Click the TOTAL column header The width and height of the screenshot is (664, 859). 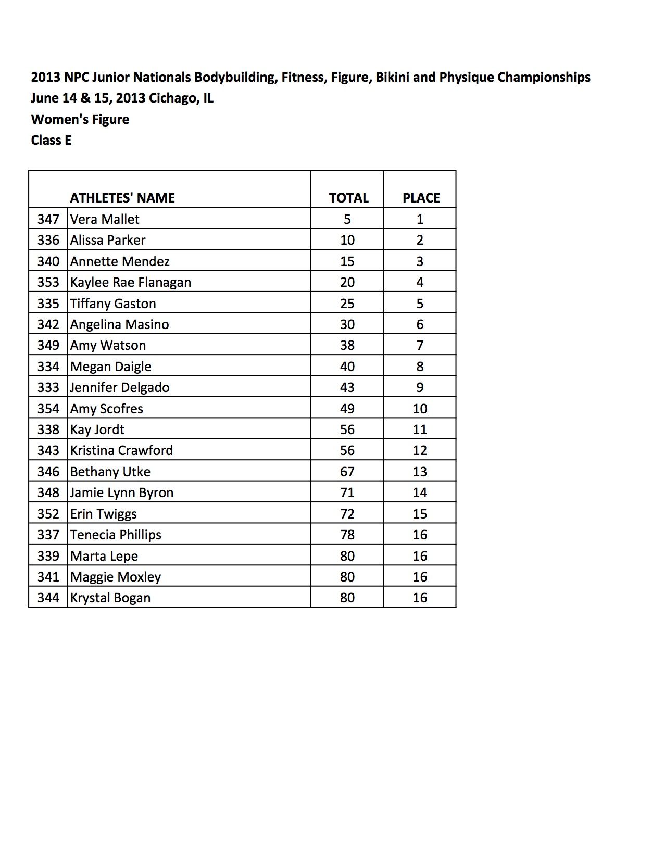tap(348, 198)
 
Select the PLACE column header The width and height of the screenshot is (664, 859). tap(421, 198)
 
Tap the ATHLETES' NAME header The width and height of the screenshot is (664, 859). tap(122, 198)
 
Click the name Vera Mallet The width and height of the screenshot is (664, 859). tap(105, 219)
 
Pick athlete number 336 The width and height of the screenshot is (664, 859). tap(48, 240)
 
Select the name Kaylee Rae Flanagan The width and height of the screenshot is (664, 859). tap(131, 282)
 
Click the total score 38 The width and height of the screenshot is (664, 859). tap(347, 345)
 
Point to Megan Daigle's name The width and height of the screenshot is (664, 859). tap(111, 367)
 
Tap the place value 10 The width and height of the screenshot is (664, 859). tap(420, 409)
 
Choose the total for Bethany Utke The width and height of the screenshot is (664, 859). tap(347, 472)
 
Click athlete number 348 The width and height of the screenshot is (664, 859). tap(48, 492)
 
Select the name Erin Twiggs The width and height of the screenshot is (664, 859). tap(104, 514)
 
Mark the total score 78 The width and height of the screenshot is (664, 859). tap(347, 535)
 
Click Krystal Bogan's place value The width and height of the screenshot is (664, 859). tap(420, 598)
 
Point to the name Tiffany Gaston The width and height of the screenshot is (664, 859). tap(113, 304)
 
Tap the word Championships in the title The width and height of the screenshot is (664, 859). tap(544, 77)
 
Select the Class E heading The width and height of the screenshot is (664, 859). tap(51, 140)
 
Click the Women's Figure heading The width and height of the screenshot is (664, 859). tap(80, 119)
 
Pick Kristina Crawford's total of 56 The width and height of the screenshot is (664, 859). tap(347, 450)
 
